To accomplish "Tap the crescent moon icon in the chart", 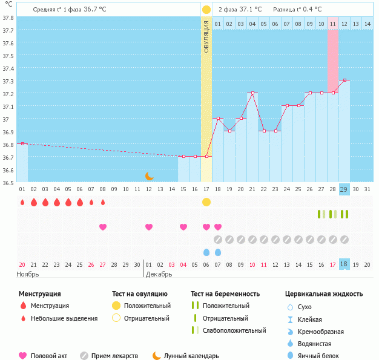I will coord(149,175).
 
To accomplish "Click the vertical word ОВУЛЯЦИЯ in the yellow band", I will coord(206,36).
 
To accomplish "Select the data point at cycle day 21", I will coord(252,93).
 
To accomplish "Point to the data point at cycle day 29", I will coord(344,80).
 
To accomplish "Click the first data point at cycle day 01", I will coord(22,143).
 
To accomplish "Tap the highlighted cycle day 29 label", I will coord(344,189).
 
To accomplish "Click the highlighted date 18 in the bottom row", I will coord(344,264).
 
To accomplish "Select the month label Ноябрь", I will coord(28,274).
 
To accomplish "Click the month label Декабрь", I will coord(159,274).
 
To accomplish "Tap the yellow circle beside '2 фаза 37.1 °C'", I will coord(206,10).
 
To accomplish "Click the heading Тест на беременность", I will coord(225,294).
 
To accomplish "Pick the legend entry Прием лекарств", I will coord(114,356).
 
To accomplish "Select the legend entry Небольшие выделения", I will coord(64,318).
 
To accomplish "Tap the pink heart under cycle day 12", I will coord(149,227).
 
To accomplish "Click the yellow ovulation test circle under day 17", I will coord(206,201).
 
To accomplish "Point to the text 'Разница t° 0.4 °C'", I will coord(297,10).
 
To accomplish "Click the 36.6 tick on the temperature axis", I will coord(7,170).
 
